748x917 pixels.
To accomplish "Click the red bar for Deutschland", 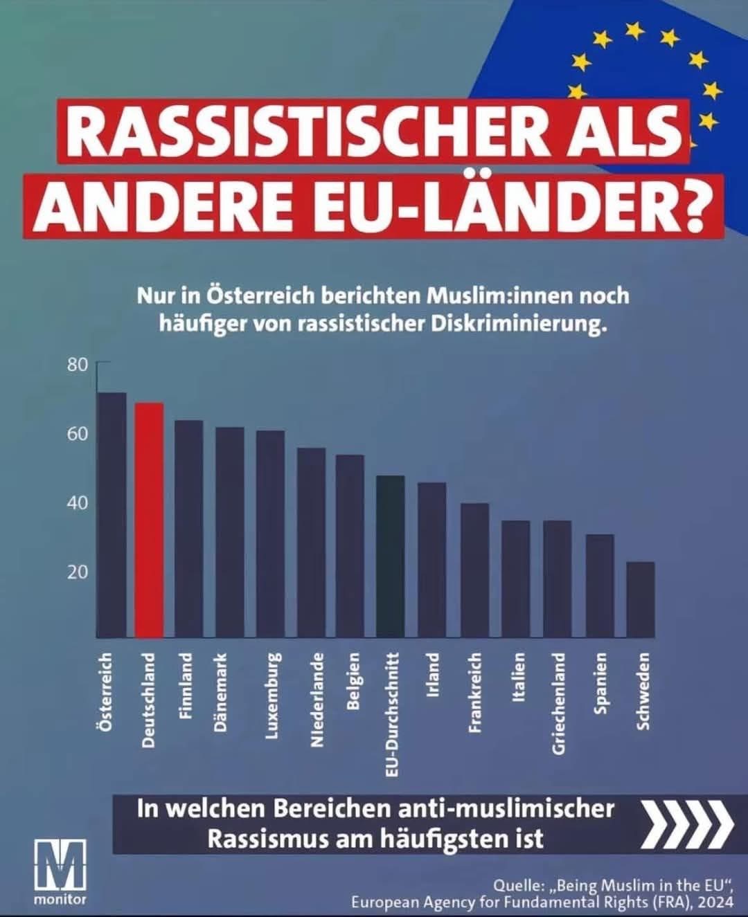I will [149, 520].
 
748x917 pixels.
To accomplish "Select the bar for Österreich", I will [112, 515].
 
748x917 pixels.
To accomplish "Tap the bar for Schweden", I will [641, 599].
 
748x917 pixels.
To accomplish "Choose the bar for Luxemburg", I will [270, 534].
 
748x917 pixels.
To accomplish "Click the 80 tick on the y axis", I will [78, 365].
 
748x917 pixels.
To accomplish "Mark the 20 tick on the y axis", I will [78, 572].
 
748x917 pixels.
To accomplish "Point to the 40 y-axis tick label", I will [78, 503].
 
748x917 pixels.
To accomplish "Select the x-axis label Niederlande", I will [317, 700].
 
